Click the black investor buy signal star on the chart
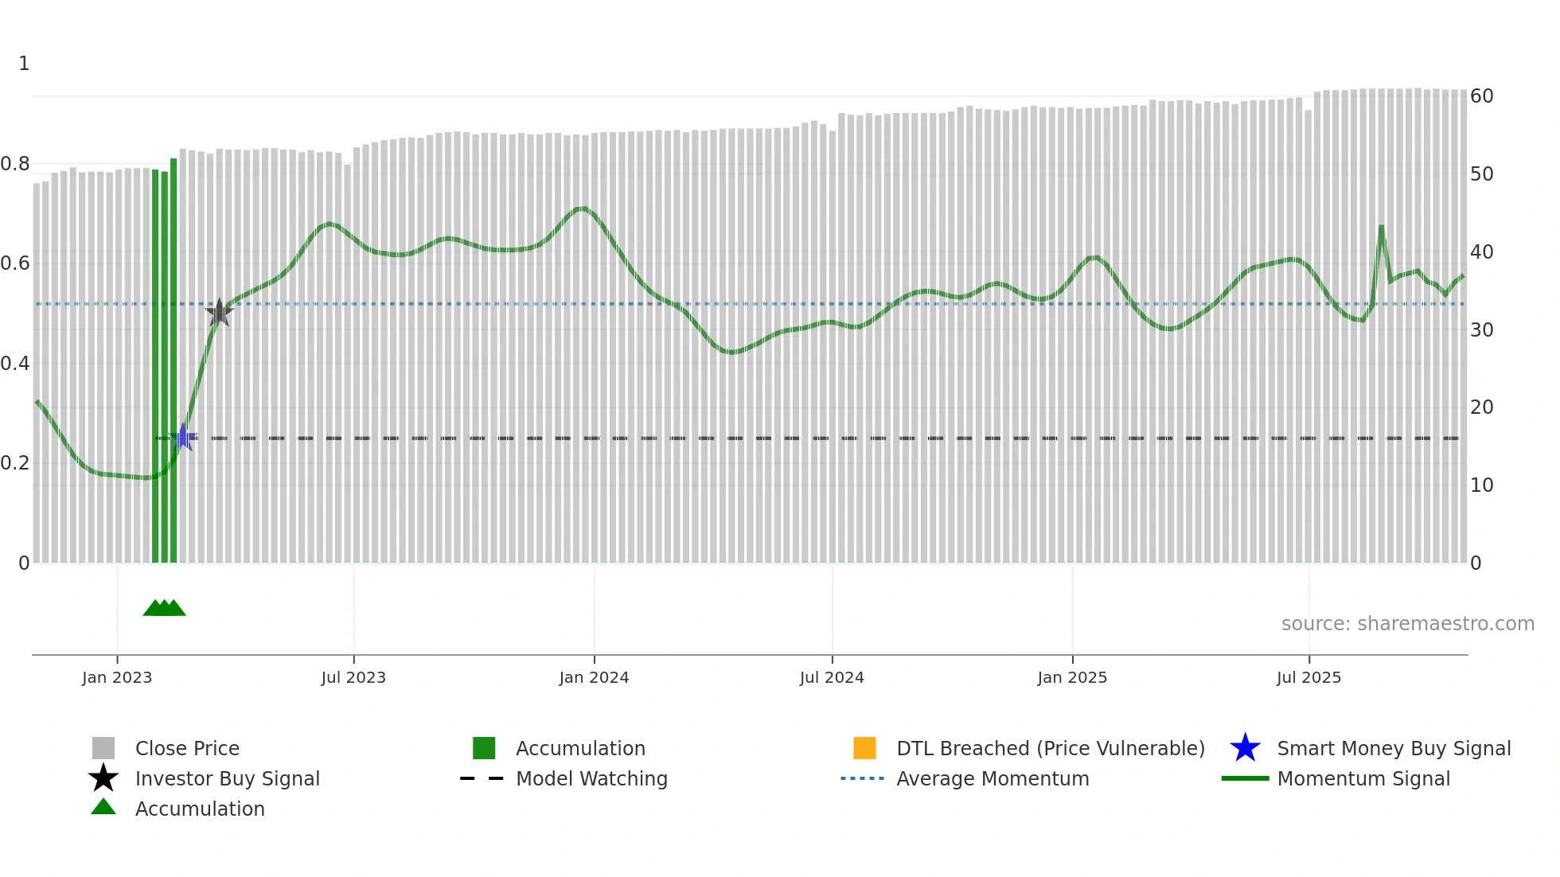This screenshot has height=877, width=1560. click(219, 313)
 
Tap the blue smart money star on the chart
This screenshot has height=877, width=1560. click(183, 437)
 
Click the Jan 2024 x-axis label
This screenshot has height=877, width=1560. click(594, 677)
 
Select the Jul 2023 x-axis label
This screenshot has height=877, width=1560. click(353, 677)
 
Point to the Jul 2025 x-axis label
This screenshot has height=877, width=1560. click(1308, 677)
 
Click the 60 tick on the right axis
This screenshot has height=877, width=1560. click(1481, 96)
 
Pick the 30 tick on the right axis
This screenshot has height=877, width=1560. click(1481, 329)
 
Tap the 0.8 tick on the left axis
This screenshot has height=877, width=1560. click(15, 164)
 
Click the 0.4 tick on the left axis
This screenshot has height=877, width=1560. click(15, 364)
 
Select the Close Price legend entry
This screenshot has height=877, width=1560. click(186, 748)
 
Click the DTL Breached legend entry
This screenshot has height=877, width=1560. click(1050, 748)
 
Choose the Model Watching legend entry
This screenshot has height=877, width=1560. click(591, 778)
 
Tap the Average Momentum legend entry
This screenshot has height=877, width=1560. click(992, 778)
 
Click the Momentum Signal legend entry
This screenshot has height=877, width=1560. click(1363, 778)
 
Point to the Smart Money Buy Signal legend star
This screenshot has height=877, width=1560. click(1245, 748)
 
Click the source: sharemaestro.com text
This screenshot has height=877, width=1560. click(1407, 624)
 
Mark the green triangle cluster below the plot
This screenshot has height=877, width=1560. click(164, 608)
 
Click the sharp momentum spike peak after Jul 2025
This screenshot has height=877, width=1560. click(1381, 227)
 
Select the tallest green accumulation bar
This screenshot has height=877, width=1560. click(174, 358)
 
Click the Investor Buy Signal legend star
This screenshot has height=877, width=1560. click(103, 778)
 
